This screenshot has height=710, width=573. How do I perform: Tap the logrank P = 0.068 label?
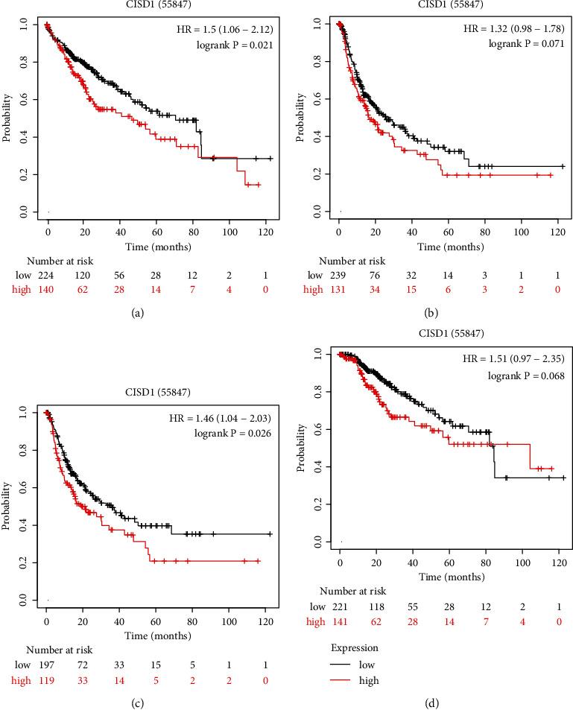click(x=525, y=376)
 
